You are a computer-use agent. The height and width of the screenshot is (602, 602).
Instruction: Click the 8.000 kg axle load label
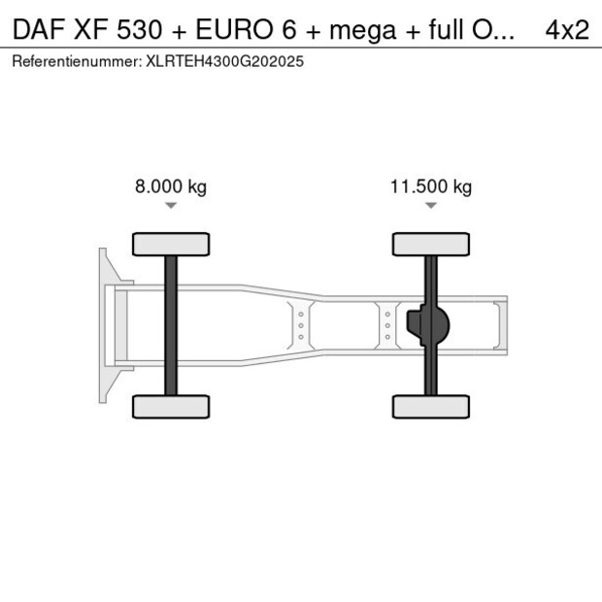[171, 187]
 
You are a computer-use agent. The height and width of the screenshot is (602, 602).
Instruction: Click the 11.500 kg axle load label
[431, 187]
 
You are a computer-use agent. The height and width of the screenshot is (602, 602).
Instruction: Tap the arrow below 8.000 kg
[171, 206]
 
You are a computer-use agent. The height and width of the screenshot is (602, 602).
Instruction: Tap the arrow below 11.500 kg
[431, 206]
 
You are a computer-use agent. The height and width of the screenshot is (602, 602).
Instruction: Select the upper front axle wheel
[171, 244]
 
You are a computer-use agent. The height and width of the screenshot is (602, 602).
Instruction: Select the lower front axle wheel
[171, 407]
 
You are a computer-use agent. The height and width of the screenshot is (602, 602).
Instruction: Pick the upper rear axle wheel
[431, 244]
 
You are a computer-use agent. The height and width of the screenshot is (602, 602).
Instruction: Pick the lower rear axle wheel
[431, 407]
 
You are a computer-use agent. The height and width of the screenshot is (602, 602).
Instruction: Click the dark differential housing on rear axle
[427, 325]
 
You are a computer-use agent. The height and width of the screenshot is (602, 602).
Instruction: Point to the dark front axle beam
[171, 325]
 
